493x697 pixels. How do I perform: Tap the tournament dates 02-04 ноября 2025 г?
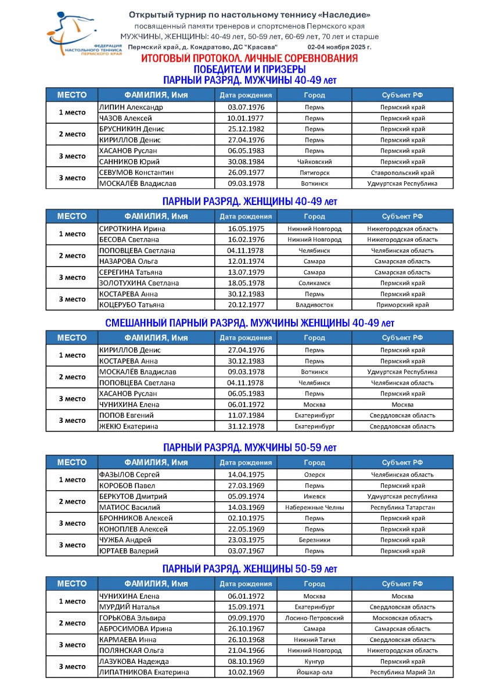click(339, 46)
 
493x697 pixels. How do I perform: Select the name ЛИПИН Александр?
click(131, 107)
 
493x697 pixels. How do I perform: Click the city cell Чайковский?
click(314, 162)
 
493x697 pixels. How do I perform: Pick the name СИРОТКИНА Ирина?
click(132, 229)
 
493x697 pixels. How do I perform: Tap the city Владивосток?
click(314, 305)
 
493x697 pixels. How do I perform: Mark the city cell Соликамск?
click(314, 283)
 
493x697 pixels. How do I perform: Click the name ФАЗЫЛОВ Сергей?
click(129, 475)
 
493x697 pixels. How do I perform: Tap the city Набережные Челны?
click(314, 508)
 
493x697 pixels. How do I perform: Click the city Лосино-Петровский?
click(314, 618)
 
